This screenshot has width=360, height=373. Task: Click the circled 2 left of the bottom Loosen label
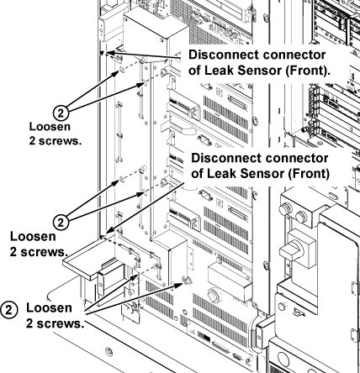[9, 310]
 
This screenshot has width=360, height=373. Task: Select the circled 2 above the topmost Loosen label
[61, 113]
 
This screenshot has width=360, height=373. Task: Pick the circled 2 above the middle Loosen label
[61, 223]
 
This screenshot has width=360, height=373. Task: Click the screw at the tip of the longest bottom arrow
[188, 280]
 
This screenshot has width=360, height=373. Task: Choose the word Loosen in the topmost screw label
[50, 127]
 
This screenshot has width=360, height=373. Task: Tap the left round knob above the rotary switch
[285, 209]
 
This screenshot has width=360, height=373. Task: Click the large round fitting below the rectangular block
[214, 295]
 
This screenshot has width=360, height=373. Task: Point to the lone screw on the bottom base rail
[109, 351]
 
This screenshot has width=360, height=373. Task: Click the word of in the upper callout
[194, 71]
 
